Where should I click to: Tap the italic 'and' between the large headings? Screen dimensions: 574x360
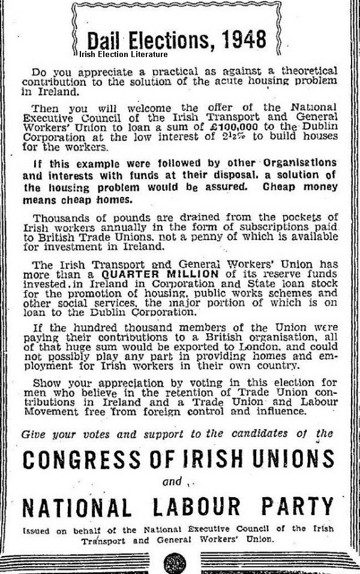[173, 482]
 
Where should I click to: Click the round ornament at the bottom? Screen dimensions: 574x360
[175, 564]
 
